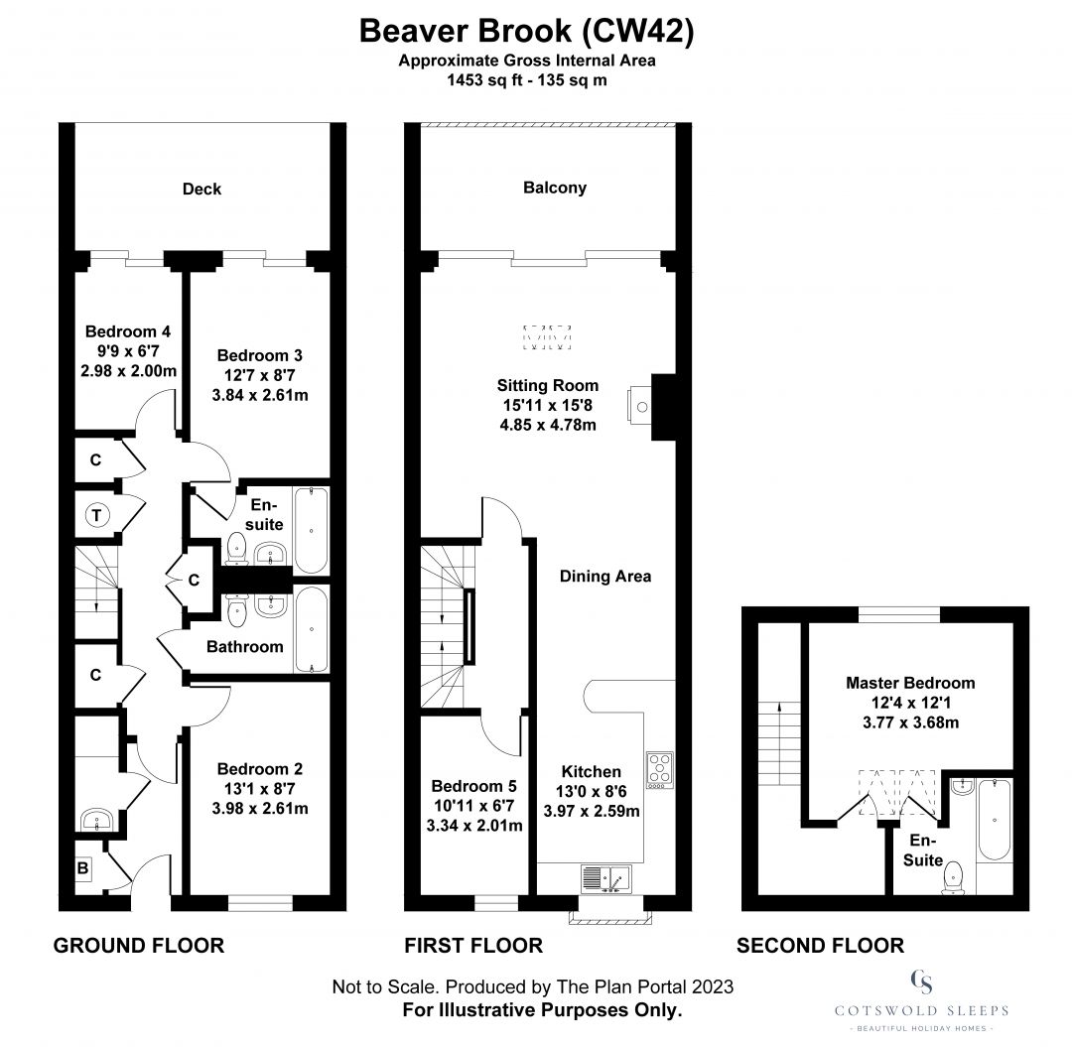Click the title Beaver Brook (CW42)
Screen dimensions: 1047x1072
pyautogui.click(x=526, y=32)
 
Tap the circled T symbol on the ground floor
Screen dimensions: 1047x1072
pyautogui.click(x=96, y=515)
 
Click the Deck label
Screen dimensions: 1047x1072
pyautogui.click(x=201, y=189)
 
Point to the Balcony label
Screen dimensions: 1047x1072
pyautogui.click(x=555, y=187)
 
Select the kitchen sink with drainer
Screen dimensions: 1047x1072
pyautogui.click(x=606, y=877)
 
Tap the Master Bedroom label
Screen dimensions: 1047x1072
pyautogui.click(x=909, y=683)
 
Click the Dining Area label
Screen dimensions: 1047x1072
pyautogui.click(x=604, y=576)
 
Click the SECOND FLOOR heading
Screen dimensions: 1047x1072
pyautogui.click(x=820, y=946)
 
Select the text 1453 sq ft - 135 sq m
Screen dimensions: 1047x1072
pyautogui.click(x=526, y=80)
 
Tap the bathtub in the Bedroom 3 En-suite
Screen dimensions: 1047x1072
pyautogui.click(x=312, y=530)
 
